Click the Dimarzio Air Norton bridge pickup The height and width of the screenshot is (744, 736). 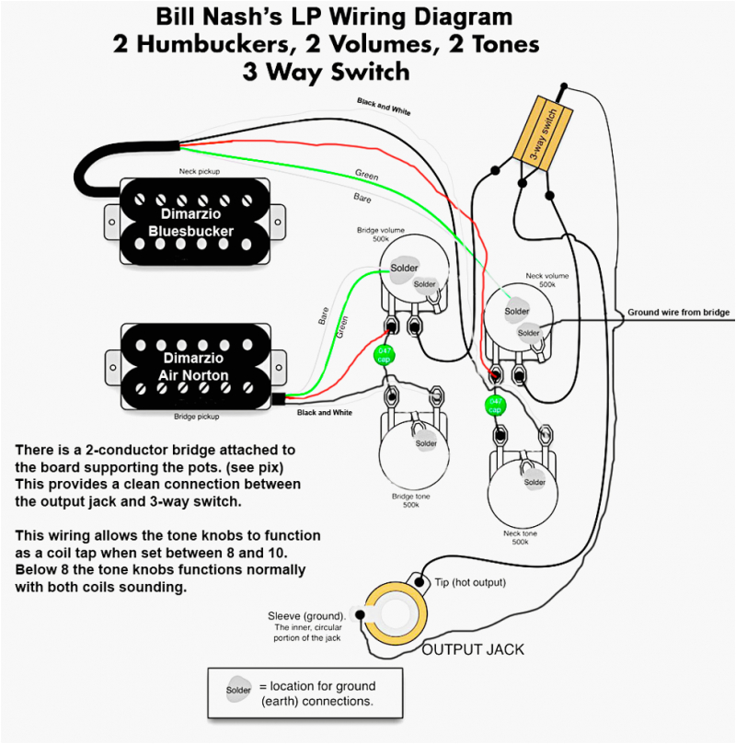192,366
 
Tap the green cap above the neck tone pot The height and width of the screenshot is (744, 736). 494,405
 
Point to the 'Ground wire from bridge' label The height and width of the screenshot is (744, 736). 678,313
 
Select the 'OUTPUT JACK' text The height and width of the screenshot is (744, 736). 473,649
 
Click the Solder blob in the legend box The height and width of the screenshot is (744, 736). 237,688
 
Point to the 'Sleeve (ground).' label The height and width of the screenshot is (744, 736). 307,615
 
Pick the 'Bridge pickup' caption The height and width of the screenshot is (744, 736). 197,417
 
